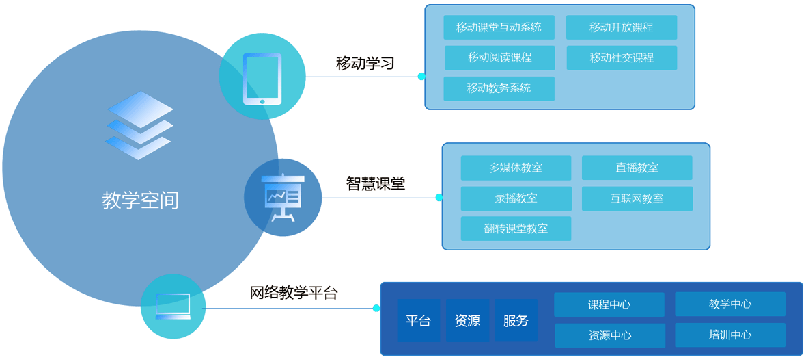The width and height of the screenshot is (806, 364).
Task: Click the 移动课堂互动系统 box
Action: click(x=499, y=27)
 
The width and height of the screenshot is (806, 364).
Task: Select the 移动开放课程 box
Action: click(x=622, y=27)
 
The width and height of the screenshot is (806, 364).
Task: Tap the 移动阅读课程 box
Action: click(x=499, y=57)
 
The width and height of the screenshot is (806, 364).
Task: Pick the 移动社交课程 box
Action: click(x=622, y=57)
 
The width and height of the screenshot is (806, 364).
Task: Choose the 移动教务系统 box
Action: click(x=499, y=88)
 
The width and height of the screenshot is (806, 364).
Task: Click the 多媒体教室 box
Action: click(x=516, y=168)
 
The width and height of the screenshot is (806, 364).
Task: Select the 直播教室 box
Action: click(x=637, y=168)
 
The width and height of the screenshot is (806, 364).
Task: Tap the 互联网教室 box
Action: click(x=637, y=198)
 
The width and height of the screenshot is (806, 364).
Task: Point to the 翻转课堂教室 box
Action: click(x=516, y=229)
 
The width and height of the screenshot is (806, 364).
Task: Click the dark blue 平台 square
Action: click(x=418, y=320)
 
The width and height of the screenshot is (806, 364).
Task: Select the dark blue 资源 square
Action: click(x=467, y=320)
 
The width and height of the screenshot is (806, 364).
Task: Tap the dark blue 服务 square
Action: click(x=516, y=320)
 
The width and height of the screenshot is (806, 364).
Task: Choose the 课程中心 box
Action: click(x=609, y=304)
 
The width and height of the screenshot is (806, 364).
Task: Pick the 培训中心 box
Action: click(x=730, y=335)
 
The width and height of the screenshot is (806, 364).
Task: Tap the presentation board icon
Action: click(x=283, y=198)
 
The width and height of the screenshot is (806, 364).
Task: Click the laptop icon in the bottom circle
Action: click(x=173, y=306)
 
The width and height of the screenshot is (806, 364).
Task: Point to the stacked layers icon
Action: click(x=139, y=126)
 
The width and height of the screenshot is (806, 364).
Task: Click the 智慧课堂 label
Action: click(x=375, y=183)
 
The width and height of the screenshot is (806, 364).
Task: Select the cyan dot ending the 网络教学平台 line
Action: click(x=376, y=308)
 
